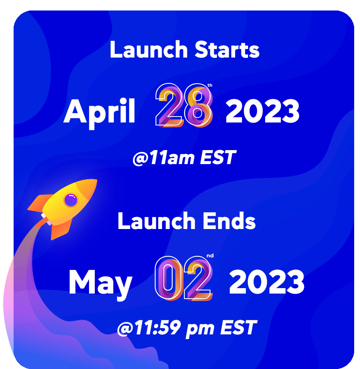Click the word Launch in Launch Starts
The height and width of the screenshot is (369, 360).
(149, 49)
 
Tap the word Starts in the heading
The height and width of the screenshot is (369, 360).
(227, 49)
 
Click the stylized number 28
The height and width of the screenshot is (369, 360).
(184, 105)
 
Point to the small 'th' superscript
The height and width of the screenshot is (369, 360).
(210, 85)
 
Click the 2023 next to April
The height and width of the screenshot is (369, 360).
(262, 111)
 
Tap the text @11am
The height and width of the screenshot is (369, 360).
(164, 158)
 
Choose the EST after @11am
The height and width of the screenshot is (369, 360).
(218, 157)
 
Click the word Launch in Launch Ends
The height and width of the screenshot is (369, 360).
(156, 221)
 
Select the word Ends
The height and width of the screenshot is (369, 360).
(229, 221)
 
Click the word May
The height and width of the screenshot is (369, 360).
(100, 284)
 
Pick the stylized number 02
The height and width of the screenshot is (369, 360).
(183, 278)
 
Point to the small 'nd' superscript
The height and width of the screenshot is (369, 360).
(210, 256)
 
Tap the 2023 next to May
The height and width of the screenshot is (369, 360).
(267, 282)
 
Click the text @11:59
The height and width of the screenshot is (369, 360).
(149, 328)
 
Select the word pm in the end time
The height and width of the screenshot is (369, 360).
(200, 329)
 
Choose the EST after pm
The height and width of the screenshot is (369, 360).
(239, 327)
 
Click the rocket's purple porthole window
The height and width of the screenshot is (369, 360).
(71, 200)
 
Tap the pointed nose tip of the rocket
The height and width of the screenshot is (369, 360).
(96, 180)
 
